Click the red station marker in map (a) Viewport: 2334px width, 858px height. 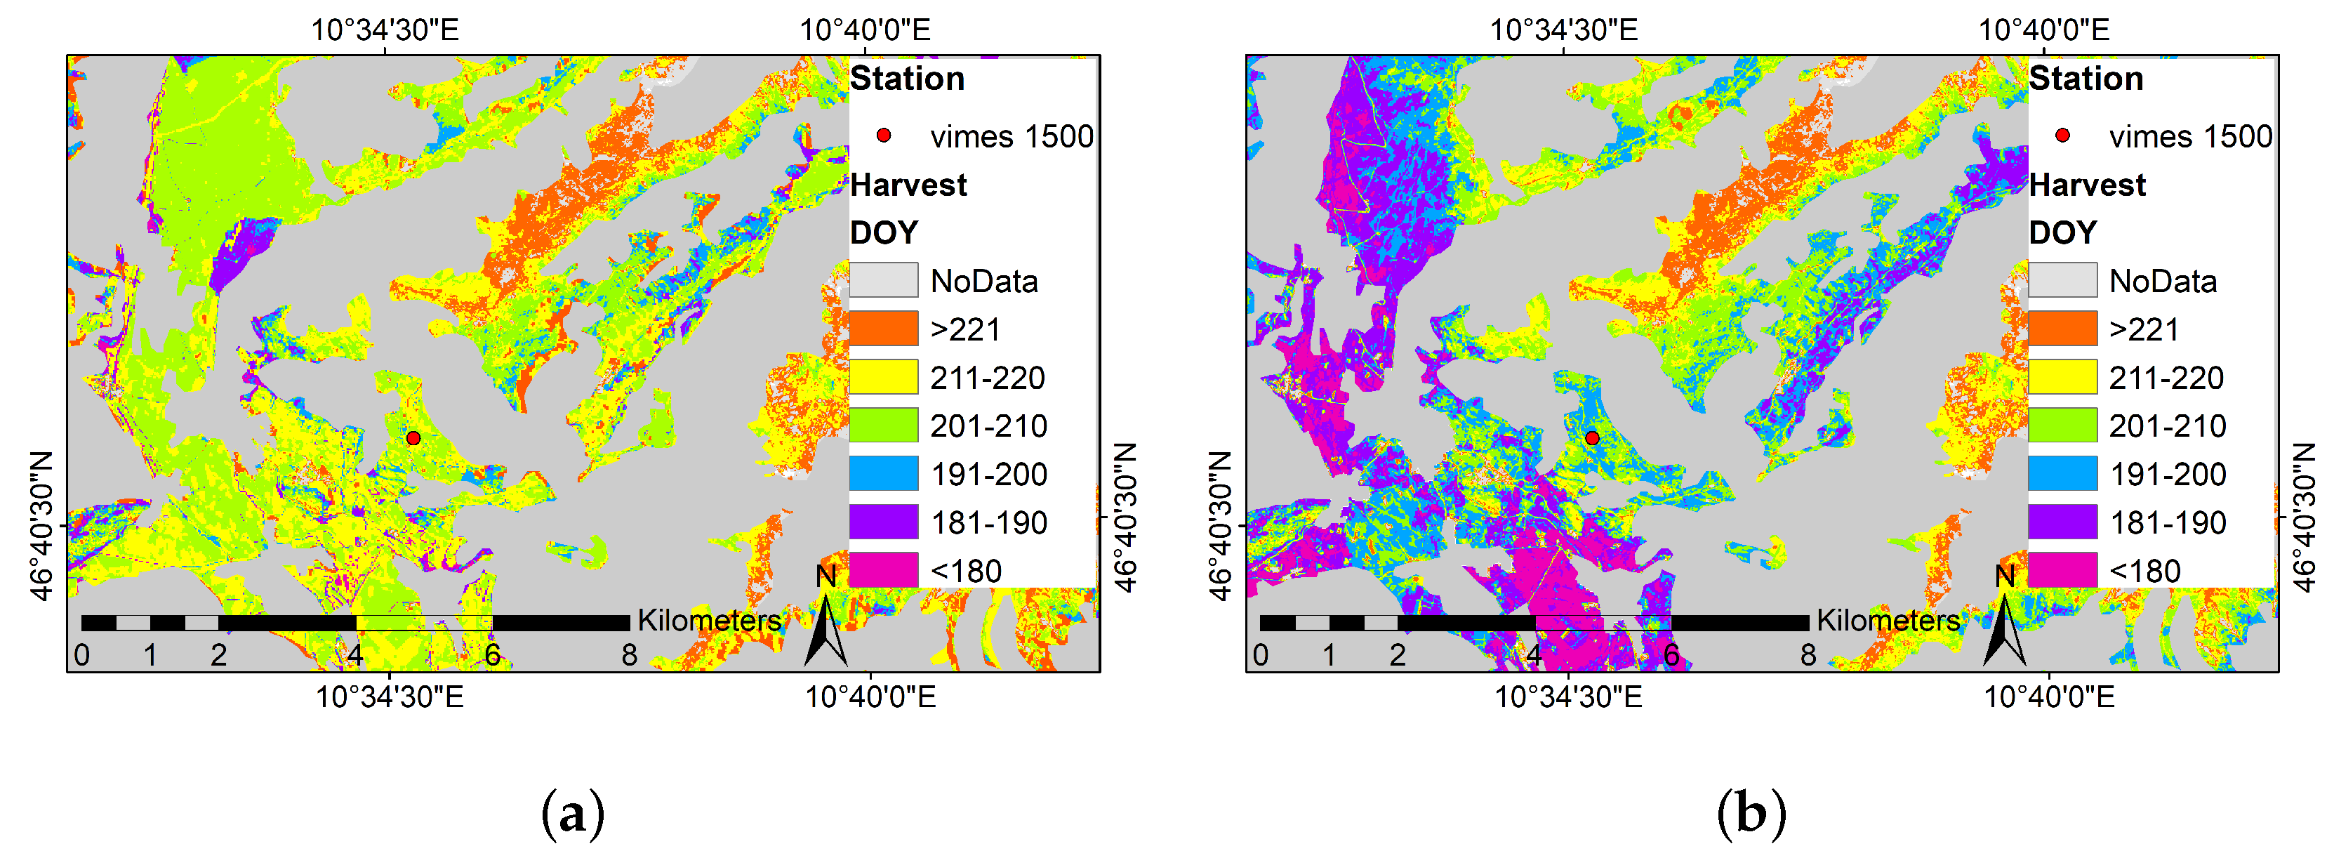[x=413, y=437]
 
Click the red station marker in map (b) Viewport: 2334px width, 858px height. [x=1592, y=437]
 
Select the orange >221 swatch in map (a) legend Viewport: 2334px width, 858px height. [x=883, y=328]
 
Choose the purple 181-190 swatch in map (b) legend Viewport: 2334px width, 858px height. [x=2062, y=522]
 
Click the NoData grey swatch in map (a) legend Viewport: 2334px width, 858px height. [x=883, y=280]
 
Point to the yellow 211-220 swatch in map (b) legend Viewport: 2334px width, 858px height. [x=2062, y=377]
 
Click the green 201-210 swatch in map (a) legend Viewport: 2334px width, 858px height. [x=883, y=425]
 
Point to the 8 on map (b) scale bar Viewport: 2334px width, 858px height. [x=1808, y=654]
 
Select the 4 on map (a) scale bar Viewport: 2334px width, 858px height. [x=355, y=654]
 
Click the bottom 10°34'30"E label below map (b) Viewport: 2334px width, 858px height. [x=1567, y=697]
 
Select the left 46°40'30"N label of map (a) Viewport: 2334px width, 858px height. [x=41, y=525]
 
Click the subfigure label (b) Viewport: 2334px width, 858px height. [x=1751, y=814]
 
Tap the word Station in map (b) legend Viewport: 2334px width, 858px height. [x=2086, y=79]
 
